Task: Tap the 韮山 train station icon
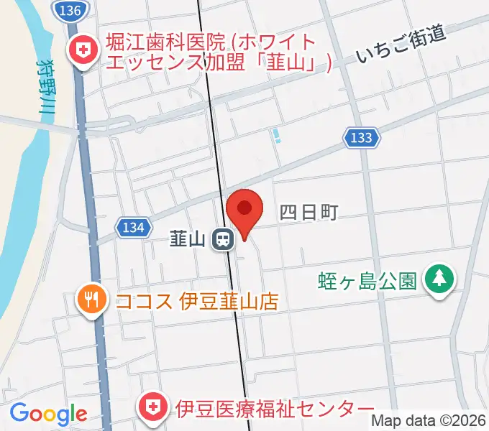[223, 238]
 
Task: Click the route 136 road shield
[71, 10]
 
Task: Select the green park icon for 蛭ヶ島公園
[438, 278]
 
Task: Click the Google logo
[48, 414]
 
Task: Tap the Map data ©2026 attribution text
[429, 420]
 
